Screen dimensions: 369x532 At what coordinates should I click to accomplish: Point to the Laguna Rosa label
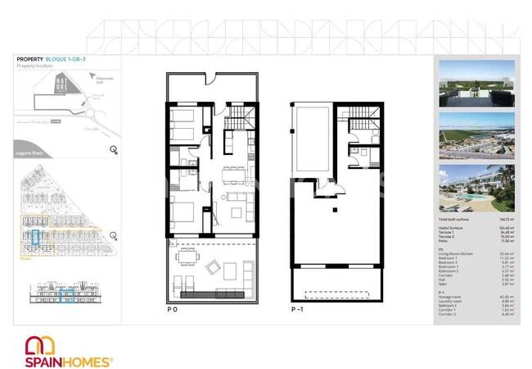click(x=30, y=151)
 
